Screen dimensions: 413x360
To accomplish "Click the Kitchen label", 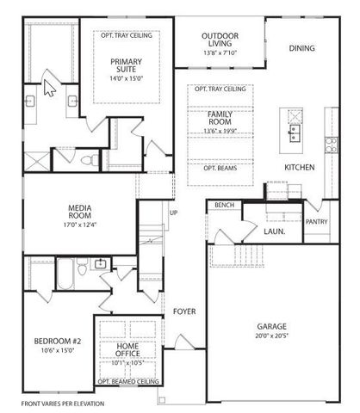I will [x=298, y=167].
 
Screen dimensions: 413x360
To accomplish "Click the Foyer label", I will [x=184, y=311].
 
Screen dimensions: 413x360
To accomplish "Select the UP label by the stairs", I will [x=173, y=213].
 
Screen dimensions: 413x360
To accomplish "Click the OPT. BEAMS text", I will [x=221, y=169].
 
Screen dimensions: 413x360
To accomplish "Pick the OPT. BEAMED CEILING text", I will [x=128, y=381].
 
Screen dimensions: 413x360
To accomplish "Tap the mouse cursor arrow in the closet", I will [x=49, y=88].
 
